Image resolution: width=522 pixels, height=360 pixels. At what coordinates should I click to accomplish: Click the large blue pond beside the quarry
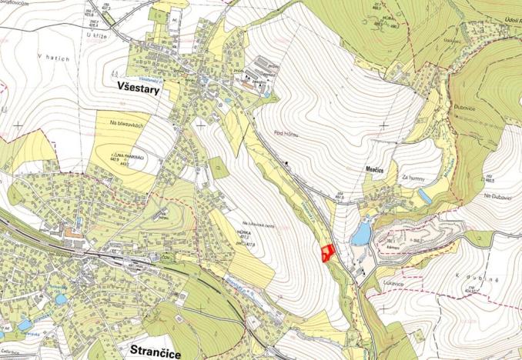[360, 233]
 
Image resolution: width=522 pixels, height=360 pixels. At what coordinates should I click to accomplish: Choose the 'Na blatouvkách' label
[127, 123]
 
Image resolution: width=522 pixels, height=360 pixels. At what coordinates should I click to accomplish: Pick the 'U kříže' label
[96, 35]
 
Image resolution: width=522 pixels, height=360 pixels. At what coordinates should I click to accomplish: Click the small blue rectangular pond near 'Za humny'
[425, 197]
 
